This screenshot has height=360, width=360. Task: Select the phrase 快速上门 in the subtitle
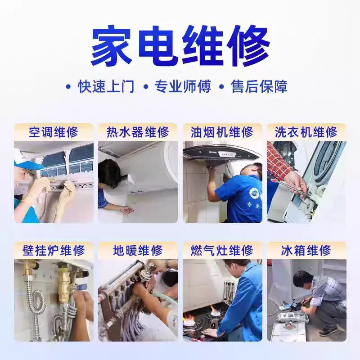(106, 86)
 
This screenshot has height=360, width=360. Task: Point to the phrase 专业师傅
(183, 86)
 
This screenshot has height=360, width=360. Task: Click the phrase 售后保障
(259, 86)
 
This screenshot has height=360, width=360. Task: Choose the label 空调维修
(54, 132)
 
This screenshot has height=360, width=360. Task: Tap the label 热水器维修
(138, 132)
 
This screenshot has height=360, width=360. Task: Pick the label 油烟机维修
(222, 132)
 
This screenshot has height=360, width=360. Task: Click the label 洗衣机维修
(306, 132)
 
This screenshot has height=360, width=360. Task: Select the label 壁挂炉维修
(54, 251)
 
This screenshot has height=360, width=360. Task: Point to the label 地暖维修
(138, 251)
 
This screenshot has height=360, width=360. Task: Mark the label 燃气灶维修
(222, 251)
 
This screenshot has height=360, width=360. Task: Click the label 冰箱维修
(306, 251)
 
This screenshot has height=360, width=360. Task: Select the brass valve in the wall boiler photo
(64, 285)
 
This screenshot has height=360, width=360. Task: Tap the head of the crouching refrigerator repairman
(302, 279)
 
